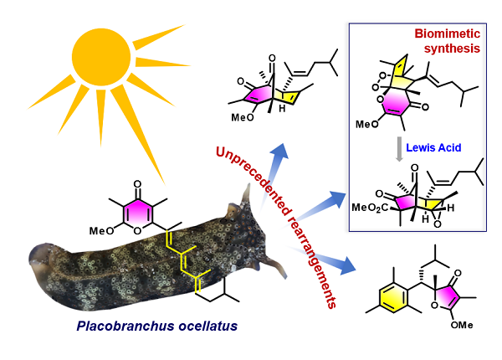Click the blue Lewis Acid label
tap(432, 147)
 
